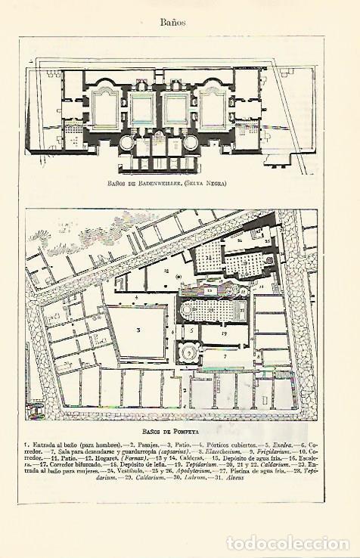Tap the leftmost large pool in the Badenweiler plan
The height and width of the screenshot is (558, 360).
coord(105,107)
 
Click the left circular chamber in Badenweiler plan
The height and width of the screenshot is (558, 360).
coord(127,141)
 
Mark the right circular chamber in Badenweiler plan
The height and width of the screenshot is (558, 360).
coord(191,141)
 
